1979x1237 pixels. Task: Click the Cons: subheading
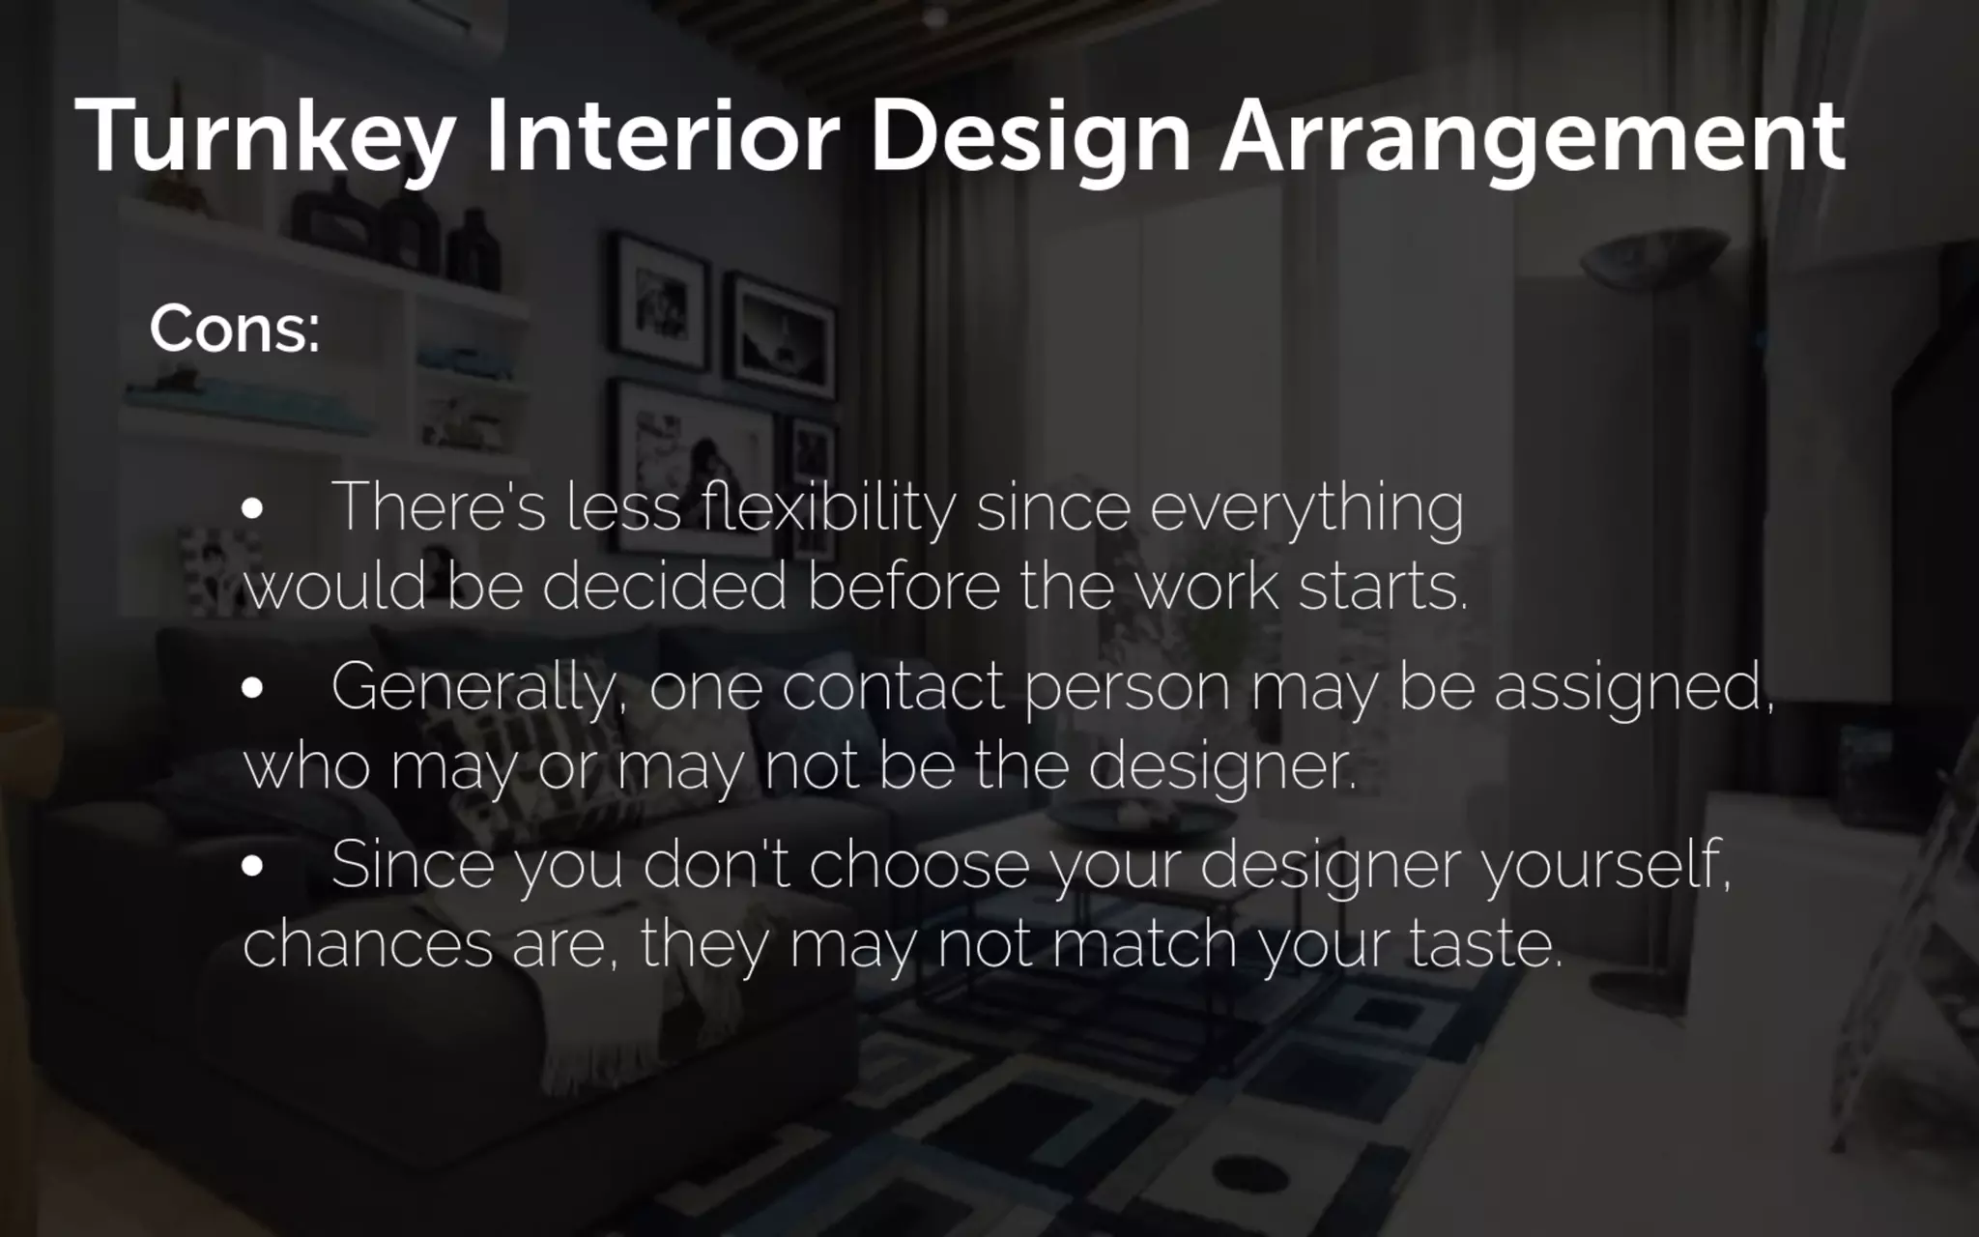(x=234, y=330)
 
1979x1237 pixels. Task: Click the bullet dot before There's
(x=252, y=509)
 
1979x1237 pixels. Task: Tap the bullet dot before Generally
(x=252, y=688)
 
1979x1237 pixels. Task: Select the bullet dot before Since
(x=252, y=867)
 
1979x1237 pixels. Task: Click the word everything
(x=1306, y=507)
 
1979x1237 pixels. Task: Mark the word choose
(x=919, y=865)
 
